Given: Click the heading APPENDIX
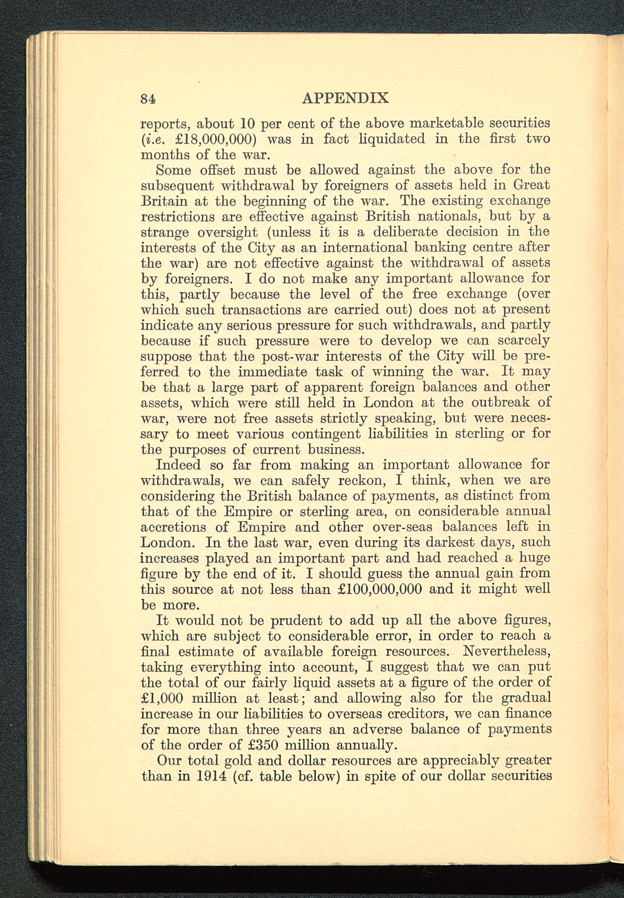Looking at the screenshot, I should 345,98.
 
